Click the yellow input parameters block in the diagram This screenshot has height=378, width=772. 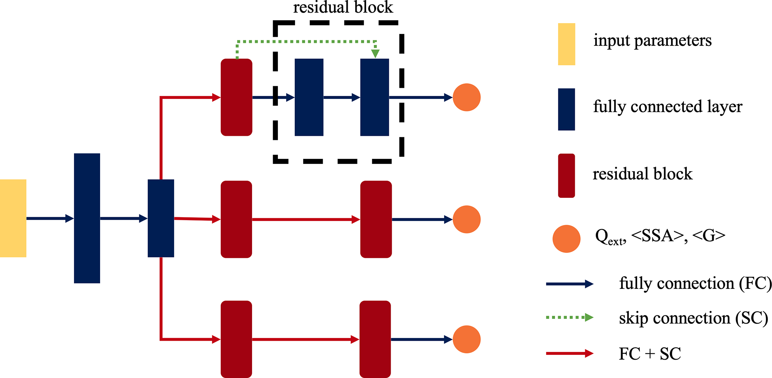pyautogui.click(x=13, y=218)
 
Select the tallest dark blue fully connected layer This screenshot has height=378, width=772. pyautogui.click(x=87, y=218)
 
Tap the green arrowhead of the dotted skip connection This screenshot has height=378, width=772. pyautogui.click(x=375, y=53)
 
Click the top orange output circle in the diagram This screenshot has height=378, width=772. pyautogui.click(x=466, y=97)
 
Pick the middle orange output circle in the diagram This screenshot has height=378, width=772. pyautogui.click(x=466, y=219)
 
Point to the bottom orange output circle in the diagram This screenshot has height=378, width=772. pyautogui.click(x=466, y=339)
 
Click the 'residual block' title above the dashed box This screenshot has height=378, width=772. pyautogui.click(x=343, y=7)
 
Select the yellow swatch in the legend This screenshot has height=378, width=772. pyautogui.click(x=566, y=44)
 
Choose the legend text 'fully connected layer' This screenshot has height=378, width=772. pyautogui.click(x=667, y=107)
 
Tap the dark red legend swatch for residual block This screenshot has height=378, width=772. pyautogui.click(x=566, y=175)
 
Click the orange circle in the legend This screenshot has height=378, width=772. pyautogui.click(x=566, y=239)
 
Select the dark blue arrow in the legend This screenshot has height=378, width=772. pyautogui.click(x=570, y=284)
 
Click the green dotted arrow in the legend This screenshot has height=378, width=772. pyautogui.click(x=570, y=318)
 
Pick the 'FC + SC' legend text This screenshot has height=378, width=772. pyautogui.click(x=650, y=354)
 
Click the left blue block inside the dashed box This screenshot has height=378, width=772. pyautogui.click(x=309, y=97)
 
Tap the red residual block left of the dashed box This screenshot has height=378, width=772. pyautogui.click(x=236, y=97)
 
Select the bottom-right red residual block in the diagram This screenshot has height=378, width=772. pyautogui.click(x=375, y=339)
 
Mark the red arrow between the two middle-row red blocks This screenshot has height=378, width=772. pyautogui.click(x=306, y=219)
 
